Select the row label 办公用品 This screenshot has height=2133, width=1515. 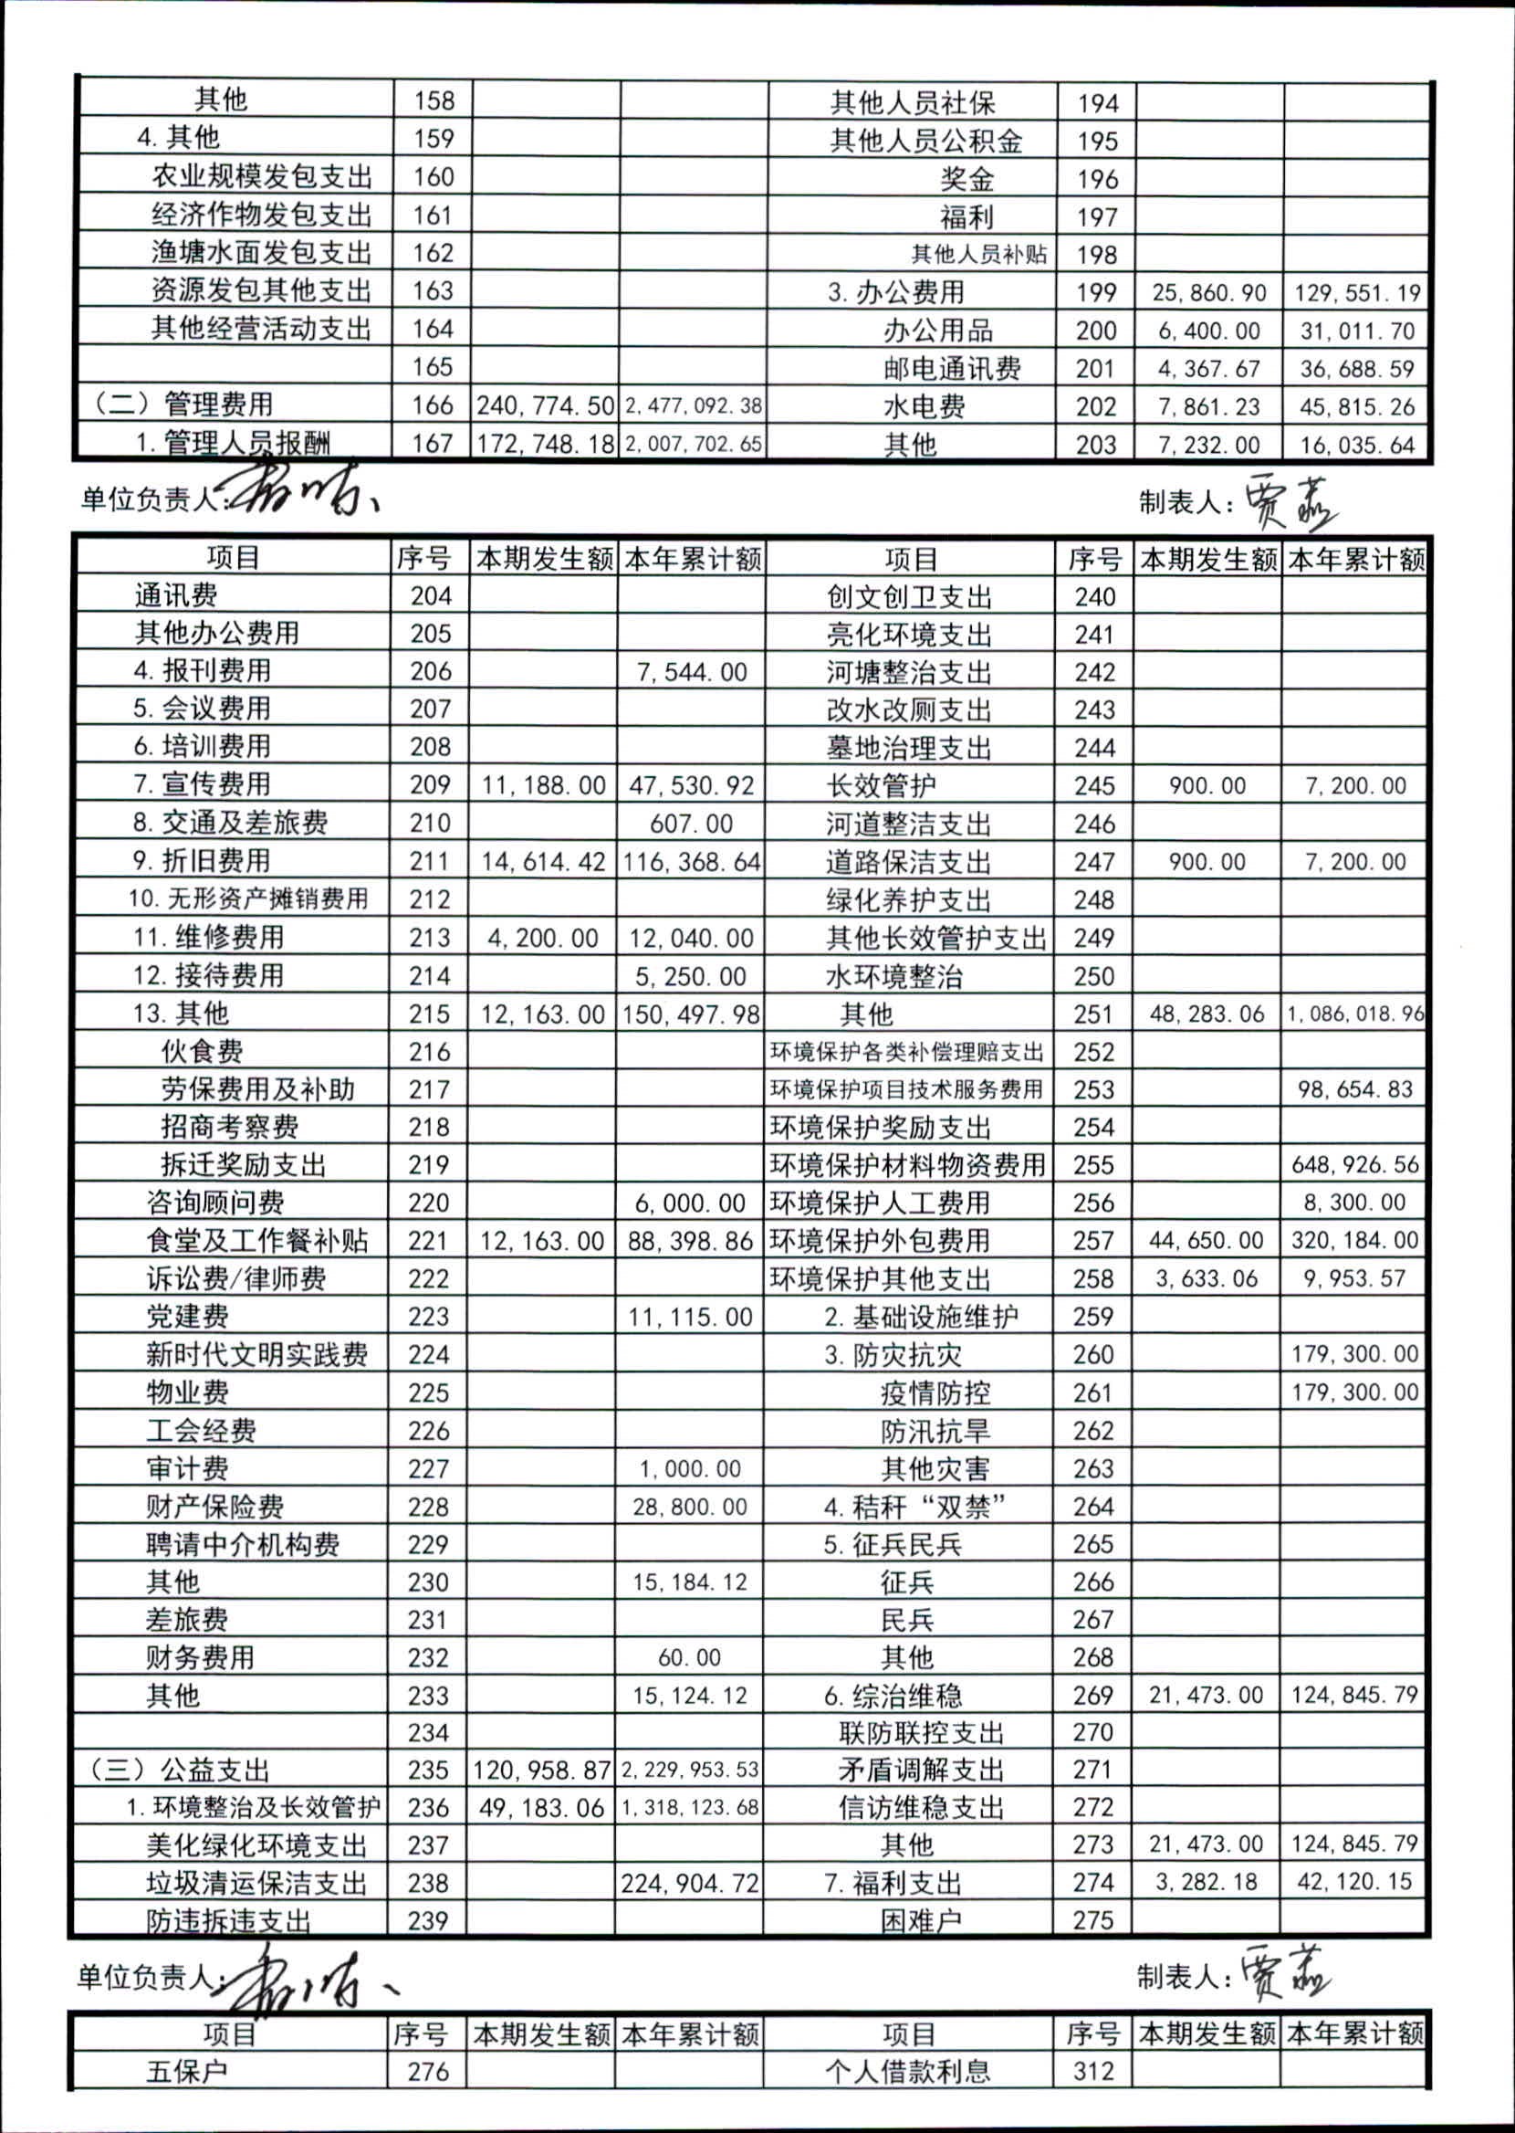[937, 331]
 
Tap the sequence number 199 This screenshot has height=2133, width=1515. [1096, 293]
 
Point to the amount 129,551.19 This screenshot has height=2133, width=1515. [1356, 293]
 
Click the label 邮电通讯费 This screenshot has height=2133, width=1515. [952, 369]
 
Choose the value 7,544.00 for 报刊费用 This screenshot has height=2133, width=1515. [691, 672]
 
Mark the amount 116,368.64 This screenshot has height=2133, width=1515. [691, 861]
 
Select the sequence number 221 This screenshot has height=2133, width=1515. [429, 1241]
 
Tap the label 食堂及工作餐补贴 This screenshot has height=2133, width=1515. [257, 1241]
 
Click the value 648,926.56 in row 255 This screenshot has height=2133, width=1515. [1354, 1164]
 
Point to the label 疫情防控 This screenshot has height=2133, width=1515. [935, 1392]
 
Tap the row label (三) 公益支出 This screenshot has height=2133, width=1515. [180, 1770]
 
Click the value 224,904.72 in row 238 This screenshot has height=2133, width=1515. [690, 1883]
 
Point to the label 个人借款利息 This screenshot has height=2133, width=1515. [907, 2072]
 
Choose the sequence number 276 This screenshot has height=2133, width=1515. [428, 2072]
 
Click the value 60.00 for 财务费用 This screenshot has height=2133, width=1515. [689, 1657]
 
